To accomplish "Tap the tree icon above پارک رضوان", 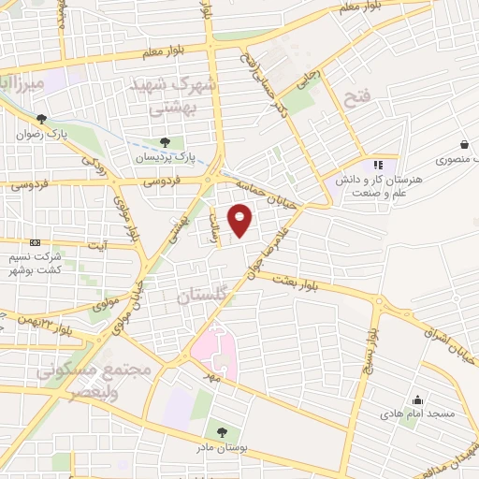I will click(x=41, y=119).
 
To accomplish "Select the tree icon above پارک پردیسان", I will click(x=165, y=142).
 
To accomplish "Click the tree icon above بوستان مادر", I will click(x=221, y=432).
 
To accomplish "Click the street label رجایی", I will click(x=309, y=81).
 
